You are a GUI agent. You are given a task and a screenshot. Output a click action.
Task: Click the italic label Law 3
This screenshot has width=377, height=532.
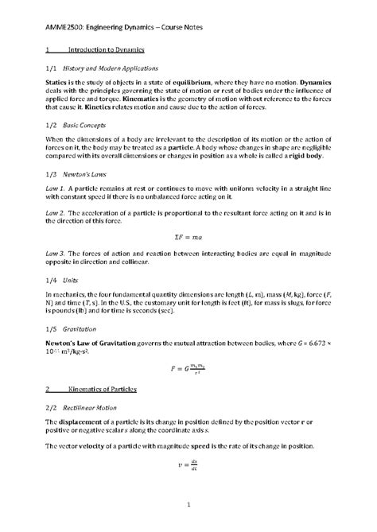(x=56, y=255)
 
